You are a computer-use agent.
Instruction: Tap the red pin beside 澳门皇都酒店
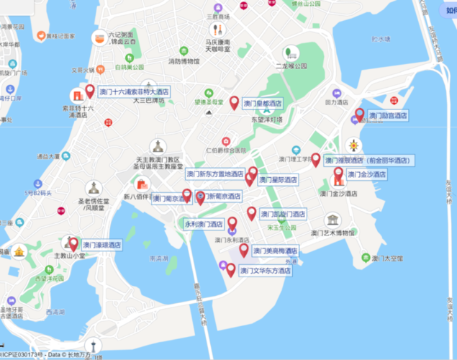point(235,102)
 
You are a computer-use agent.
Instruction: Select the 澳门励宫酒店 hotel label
point(388,115)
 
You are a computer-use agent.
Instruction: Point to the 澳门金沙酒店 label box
point(366,174)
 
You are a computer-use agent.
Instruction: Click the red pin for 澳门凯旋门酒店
point(251,213)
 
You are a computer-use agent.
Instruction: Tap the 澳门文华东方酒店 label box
point(266,271)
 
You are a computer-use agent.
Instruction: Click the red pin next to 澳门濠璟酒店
point(73,244)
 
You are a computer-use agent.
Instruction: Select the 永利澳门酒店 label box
point(204,224)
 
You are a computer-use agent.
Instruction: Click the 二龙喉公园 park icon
point(291,53)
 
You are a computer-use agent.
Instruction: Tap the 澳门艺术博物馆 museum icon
point(332,220)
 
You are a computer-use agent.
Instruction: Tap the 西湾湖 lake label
point(54,312)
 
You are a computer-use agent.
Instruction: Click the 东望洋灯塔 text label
point(266,120)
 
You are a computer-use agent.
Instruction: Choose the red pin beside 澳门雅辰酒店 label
point(315,159)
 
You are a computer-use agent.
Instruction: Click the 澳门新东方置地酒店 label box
point(215,174)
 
